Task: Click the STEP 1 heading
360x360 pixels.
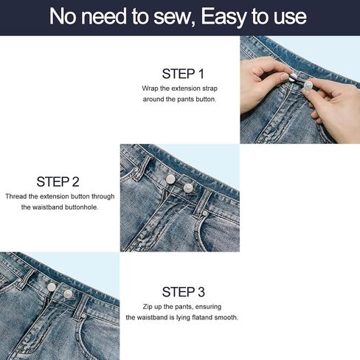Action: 183,74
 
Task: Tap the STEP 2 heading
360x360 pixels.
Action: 58,182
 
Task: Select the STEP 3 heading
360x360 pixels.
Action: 183,292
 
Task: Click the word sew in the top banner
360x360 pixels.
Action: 172,17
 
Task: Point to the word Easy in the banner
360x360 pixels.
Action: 224,17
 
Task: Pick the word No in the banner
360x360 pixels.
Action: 63,16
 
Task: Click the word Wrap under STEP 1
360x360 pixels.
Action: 150,89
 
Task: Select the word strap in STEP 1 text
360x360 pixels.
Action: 210,89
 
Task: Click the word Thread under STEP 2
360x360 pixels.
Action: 16,196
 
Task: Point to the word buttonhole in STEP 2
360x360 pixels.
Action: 82,207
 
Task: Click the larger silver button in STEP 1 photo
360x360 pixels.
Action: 308,86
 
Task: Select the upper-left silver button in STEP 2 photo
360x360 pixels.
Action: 170,179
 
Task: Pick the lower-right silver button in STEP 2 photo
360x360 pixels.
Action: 188,188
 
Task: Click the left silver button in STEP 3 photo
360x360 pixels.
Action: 52,286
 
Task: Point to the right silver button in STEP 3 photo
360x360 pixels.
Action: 68,294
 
